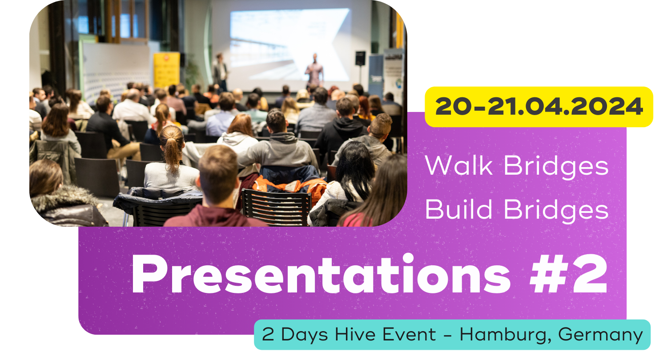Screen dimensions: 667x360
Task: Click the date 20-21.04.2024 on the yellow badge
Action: [x=539, y=106]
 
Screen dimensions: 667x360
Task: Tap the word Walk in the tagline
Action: [x=458, y=165]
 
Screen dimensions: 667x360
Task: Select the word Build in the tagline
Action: [x=458, y=209]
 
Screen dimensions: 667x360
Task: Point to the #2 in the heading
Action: [x=568, y=274]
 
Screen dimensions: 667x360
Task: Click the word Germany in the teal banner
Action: [x=600, y=335]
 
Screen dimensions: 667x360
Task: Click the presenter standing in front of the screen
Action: [x=314, y=70]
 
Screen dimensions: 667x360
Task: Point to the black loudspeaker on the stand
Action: [x=360, y=58]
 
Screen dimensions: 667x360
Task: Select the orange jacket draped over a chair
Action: [x=290, y=185]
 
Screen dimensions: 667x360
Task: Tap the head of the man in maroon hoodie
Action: [x=218, y=176]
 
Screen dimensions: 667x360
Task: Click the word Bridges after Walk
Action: [x=556, y=167]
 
